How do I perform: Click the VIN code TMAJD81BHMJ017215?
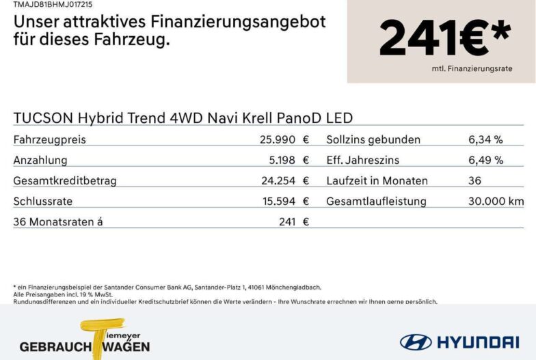(x=53, y=4)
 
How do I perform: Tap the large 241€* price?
(x=445, y=38)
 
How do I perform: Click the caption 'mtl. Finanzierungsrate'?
(x=472, y=68)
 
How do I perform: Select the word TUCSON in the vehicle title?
(x=43, y=118)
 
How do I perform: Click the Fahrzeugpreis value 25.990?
(x=278, y=139)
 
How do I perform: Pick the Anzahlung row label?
(x=40, y=160)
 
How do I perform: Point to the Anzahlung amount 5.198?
(x=282, y=160)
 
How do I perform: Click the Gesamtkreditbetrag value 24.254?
(x=278, y=180)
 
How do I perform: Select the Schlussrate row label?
(x=42, y=201)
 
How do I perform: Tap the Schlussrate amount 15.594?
(x=279, y=201)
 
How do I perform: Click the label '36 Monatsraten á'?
(x=57, y=221)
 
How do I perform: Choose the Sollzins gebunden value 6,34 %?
(x=485, y=139)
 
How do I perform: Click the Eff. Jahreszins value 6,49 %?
(x=485, y=160)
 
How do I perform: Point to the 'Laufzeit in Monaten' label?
(x=377, y=180)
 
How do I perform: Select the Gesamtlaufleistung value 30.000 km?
(x=496, y=201)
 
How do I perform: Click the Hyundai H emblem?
(x=416, y=342)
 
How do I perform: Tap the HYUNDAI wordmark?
(x=478, y=342)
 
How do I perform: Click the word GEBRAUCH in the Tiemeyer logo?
(x=55, y=347)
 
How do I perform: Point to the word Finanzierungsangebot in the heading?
(x=238, y=22)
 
